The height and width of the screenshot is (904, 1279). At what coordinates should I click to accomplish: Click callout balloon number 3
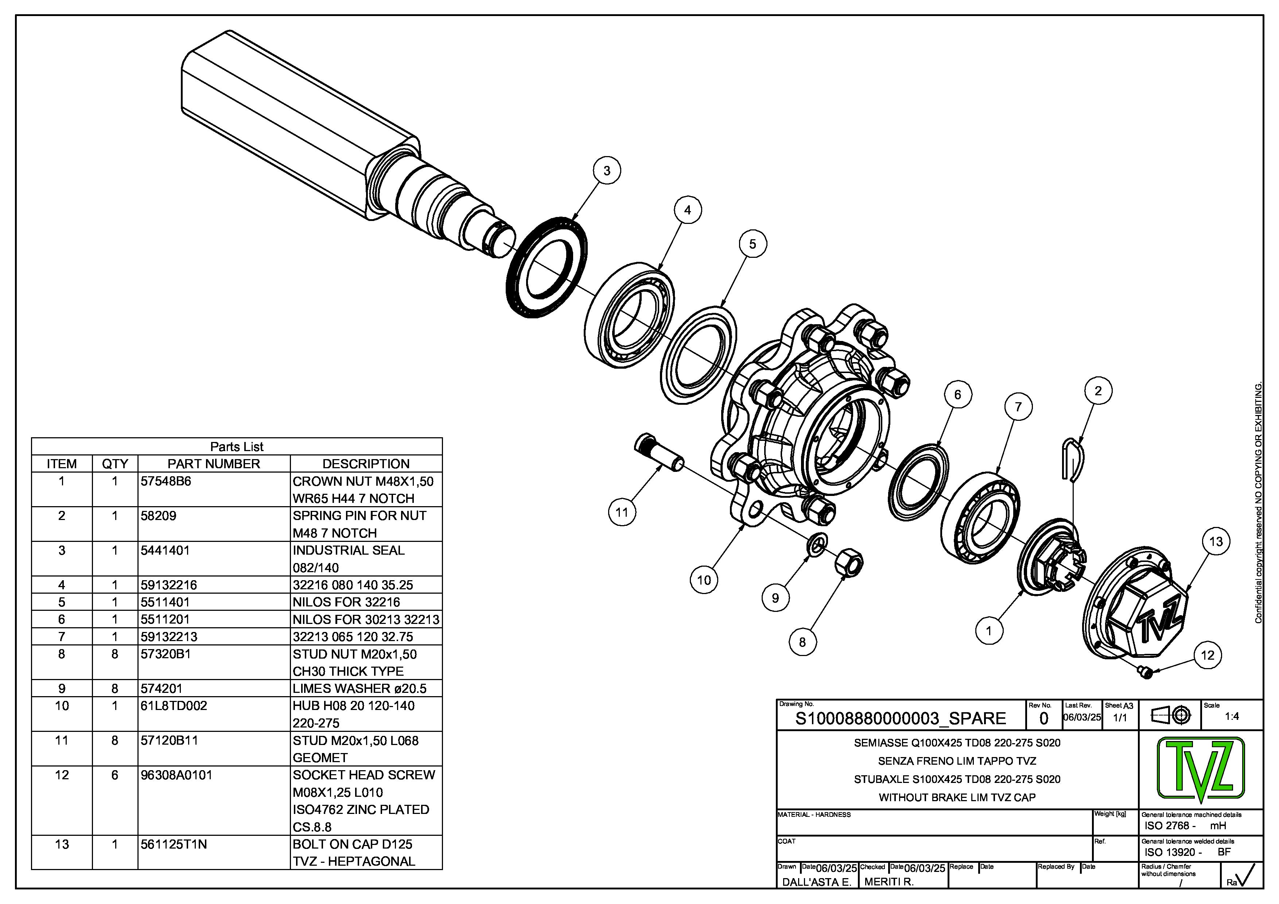[607, 170]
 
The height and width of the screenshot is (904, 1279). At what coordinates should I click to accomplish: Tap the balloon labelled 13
[1216, 542]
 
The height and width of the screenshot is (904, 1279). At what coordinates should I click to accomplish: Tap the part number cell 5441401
[165, 550]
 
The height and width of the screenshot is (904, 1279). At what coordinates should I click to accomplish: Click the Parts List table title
[237, 447]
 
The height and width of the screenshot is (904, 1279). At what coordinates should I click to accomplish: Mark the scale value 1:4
[1232, 716]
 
